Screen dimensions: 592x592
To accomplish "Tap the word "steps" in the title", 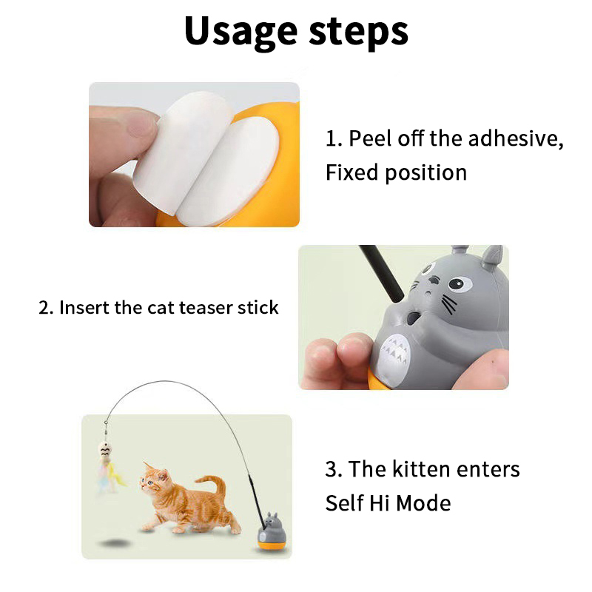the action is pos(359,33).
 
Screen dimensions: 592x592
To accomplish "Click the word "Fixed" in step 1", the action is pos(351,172).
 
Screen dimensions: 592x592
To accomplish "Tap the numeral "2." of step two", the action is pos(47,307).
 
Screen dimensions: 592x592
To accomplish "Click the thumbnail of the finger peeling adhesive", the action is pos(194,155).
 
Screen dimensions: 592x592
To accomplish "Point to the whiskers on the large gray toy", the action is pos(448,304).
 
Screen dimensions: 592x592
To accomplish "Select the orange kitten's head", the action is pos(155,479).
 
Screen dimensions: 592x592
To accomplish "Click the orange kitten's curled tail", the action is pos(214,488).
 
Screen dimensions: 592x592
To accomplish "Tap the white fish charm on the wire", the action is pos(104,450).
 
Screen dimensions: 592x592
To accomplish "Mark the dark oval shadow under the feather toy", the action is pos(116,543).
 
